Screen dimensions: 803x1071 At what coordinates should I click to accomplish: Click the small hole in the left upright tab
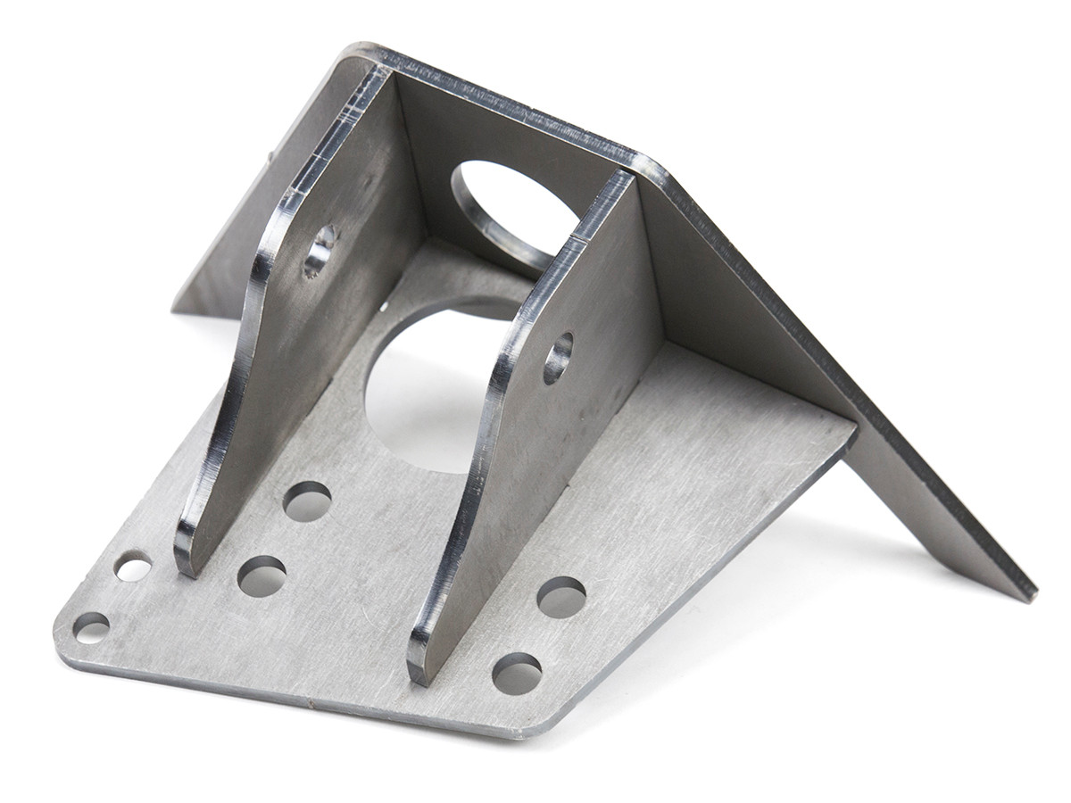click(319, 250)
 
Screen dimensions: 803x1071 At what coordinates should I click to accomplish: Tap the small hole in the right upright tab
click(558, 358)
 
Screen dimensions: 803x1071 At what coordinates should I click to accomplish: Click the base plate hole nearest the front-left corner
click(91, 626)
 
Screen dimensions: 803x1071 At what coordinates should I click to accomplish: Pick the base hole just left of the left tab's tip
click(133, 566)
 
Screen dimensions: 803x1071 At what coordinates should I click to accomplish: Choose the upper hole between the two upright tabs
click(307, 501)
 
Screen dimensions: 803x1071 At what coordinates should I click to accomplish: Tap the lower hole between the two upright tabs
click(262, 576)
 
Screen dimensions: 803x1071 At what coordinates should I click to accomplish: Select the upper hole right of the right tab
click(561, 596)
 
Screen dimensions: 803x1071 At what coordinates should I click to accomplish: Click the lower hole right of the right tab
click(517, 673)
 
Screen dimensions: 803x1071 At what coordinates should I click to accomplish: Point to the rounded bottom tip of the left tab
click(186, 562)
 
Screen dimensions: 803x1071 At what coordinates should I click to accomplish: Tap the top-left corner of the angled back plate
click(357, 49)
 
